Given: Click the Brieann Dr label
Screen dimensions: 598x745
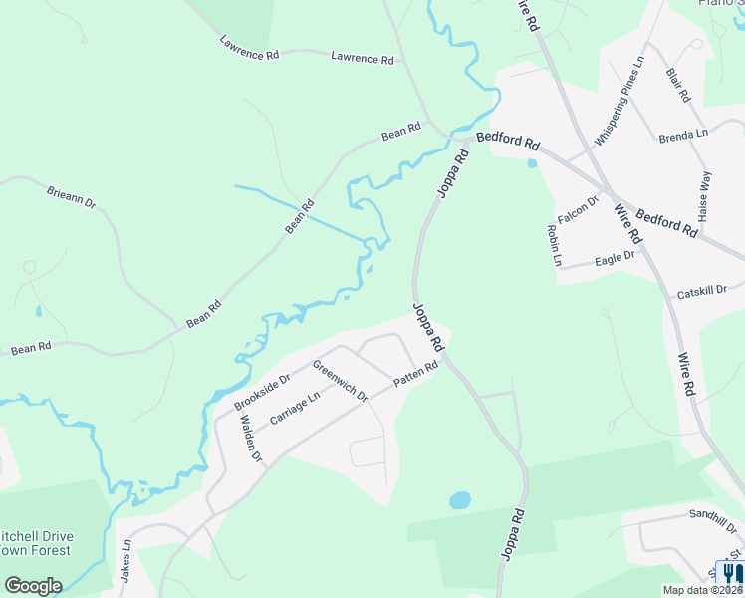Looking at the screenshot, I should point(71,195).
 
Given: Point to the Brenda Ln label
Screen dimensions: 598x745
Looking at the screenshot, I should point(683,133).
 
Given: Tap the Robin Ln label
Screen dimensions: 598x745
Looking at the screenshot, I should point(555,245).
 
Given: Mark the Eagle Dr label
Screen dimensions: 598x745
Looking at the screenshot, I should point(615,259).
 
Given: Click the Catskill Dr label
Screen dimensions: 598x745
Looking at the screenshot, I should point(704,294).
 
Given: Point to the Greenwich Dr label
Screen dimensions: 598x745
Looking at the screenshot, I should point(340,380).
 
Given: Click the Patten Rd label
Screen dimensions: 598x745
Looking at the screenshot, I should point(415,376).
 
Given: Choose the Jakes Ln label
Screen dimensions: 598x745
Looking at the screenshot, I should point(126,562).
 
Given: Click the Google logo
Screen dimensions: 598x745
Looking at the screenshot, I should point(33,585).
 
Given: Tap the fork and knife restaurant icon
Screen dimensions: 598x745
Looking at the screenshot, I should point(730,575).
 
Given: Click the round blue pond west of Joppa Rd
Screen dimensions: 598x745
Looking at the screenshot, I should point(459,500).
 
